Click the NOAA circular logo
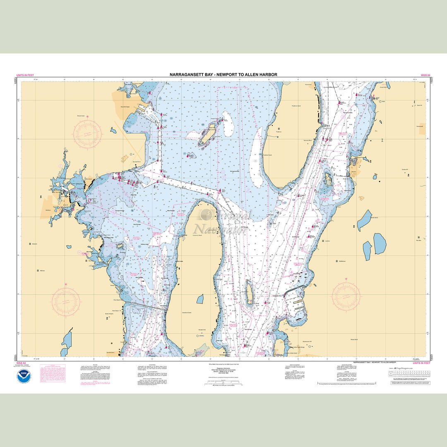point(24,377)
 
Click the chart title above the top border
point(223,74)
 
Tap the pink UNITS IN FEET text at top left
point(24,75)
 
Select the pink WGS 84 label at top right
point(425,75)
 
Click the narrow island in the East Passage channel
point(249,293)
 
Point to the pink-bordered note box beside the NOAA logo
point(52,373)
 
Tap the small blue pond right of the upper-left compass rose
point(113,130)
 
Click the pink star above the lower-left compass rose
point(66,285)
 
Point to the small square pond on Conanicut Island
point(200,299)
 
